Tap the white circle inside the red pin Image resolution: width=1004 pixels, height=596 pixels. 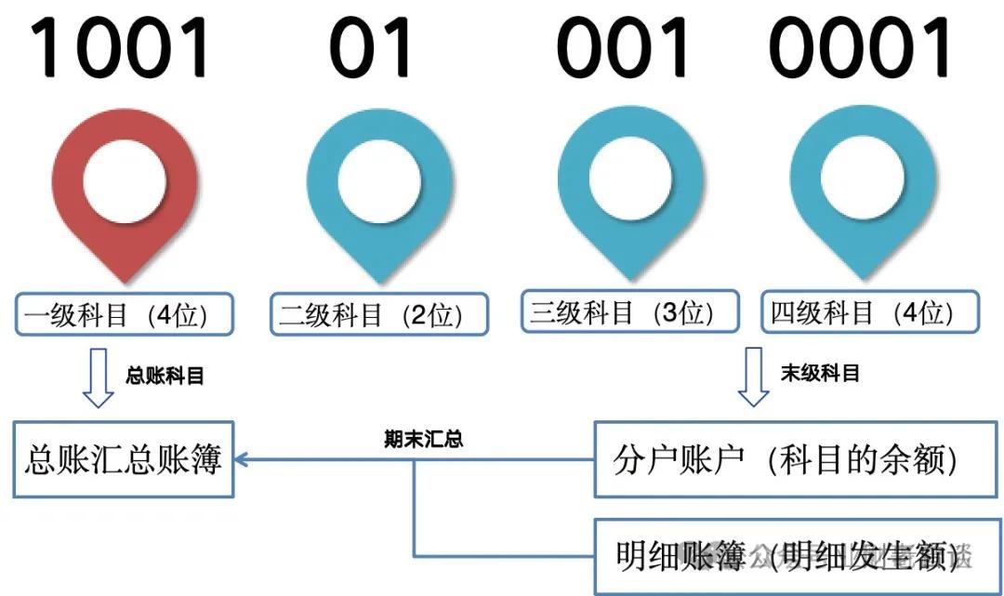(x=125, y=179)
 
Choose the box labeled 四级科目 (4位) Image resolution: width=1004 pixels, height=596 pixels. (x=870, y=312)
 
